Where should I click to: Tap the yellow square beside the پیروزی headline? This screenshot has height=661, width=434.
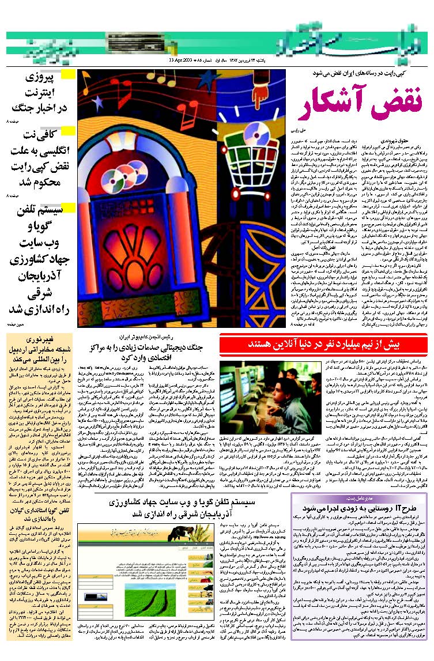[x=69, y=74]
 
